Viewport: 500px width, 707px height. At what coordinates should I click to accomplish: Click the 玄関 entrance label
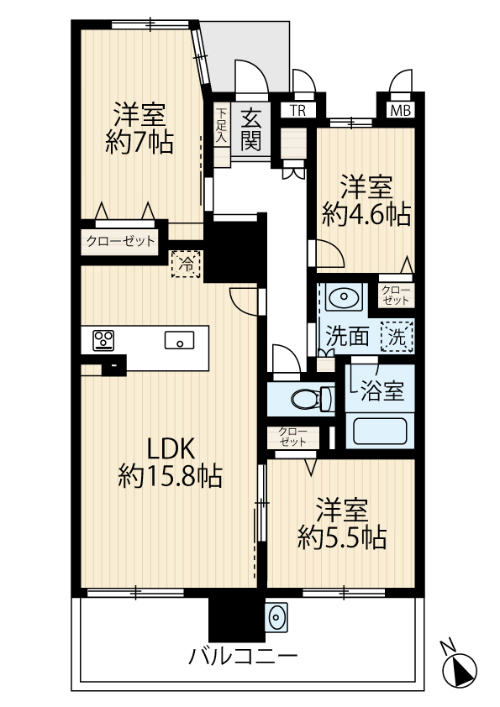coord(251,130)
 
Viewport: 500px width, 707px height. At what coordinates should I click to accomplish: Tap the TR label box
coord(297,111)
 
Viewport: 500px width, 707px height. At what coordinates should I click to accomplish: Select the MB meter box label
coord(401,111)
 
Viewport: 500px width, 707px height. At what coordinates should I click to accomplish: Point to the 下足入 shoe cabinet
coord(221,125)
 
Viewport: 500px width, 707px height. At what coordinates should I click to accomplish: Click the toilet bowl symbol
coord(311,399)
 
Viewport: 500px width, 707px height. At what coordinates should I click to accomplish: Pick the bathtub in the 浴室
coord(380,431)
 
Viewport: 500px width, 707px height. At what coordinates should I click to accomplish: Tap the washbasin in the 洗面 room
coord(344,297)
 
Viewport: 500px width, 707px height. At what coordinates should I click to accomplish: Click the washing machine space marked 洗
coord(397,337)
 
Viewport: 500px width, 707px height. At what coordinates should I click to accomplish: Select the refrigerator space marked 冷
coord(185,264)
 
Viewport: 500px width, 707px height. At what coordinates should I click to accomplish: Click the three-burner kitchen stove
coord(103,340)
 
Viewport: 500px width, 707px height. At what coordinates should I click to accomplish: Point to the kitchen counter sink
coord(179,340)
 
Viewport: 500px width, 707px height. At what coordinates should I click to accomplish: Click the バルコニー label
coord(243,657)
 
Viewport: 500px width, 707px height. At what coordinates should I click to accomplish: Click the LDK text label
coord(171,449)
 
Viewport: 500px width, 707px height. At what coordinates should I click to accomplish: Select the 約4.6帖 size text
coord(366,215)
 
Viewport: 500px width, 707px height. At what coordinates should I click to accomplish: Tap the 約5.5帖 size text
coord(342,537)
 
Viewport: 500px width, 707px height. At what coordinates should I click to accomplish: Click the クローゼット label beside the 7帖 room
coord(120,241)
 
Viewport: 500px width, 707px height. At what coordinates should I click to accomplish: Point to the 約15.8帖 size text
coord(170,476)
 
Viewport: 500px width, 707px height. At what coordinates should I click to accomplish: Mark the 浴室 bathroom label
coord(382,391)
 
